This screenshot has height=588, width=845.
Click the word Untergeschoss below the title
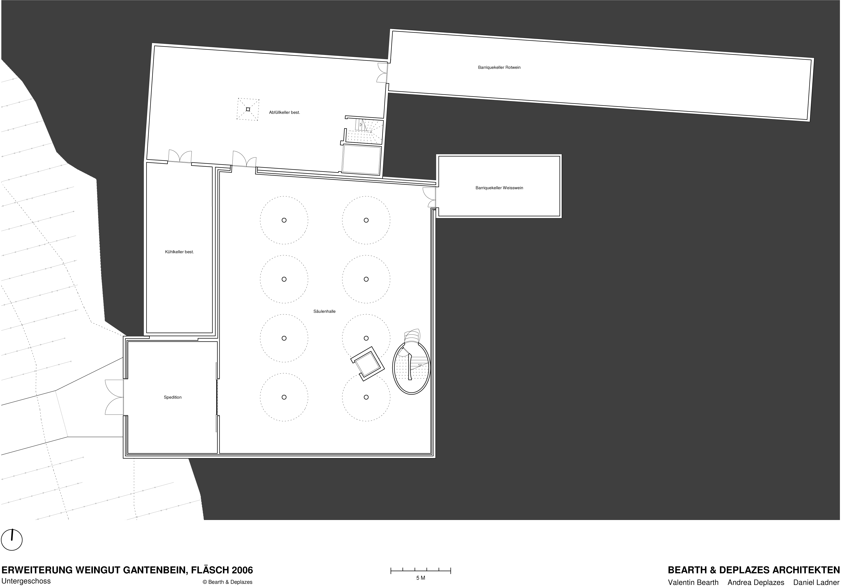coord(26,581)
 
